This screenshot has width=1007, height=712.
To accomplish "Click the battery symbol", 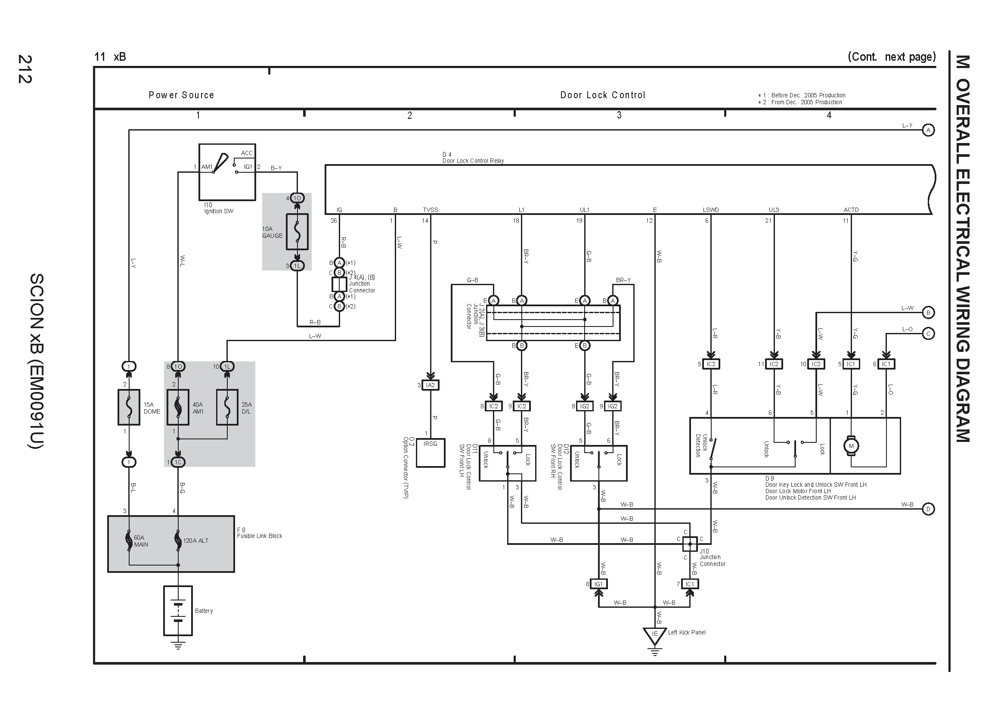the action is pyautogui.click(x=178, y=611).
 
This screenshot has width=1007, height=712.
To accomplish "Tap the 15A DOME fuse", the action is pyautogui.click(x=129, y=407).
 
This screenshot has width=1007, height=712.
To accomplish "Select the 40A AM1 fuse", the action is pyautogui.click(x=178, y=407).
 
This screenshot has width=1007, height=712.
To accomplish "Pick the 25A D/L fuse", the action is pyautogui.click(x=227, y=407).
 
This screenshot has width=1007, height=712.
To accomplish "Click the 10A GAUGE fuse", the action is pyautogui.click(x=297, y=232).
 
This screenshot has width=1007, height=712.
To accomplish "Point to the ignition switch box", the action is pyautogui.click(x=227, y=172).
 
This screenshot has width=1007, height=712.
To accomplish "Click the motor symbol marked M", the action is pyautogui.click(x=851, y=446).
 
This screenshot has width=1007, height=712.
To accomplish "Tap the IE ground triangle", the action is pyautogui.click(x=654, y=635).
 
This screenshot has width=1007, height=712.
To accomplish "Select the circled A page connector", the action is pyautogui.click(x=928, y=130).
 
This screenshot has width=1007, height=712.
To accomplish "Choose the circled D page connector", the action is pyautogui.click(x=928, y=509).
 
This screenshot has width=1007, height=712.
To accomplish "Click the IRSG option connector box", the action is pyautogui.click(x=430, y=453).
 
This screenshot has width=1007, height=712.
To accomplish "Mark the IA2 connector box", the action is pyautogui.click(x=430, y=385).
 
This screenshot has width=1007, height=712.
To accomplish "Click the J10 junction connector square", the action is pyautogui.click(x=690, y=544).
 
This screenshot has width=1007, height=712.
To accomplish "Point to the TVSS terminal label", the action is pyautogui.click(x=430, y=210).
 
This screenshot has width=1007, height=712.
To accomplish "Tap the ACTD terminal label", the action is pyautogui.click(x=851, y=210).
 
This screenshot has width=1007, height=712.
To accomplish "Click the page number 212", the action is pyautogui.click(x=25, y=69).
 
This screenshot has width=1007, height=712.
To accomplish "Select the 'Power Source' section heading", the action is pyautogui.click(x=181, y=95).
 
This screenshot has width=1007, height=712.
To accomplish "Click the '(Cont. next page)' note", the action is pyautogui.click(x=892, y=57).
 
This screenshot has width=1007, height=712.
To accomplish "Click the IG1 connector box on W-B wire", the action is pyautogui.click(x=599, y=584).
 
